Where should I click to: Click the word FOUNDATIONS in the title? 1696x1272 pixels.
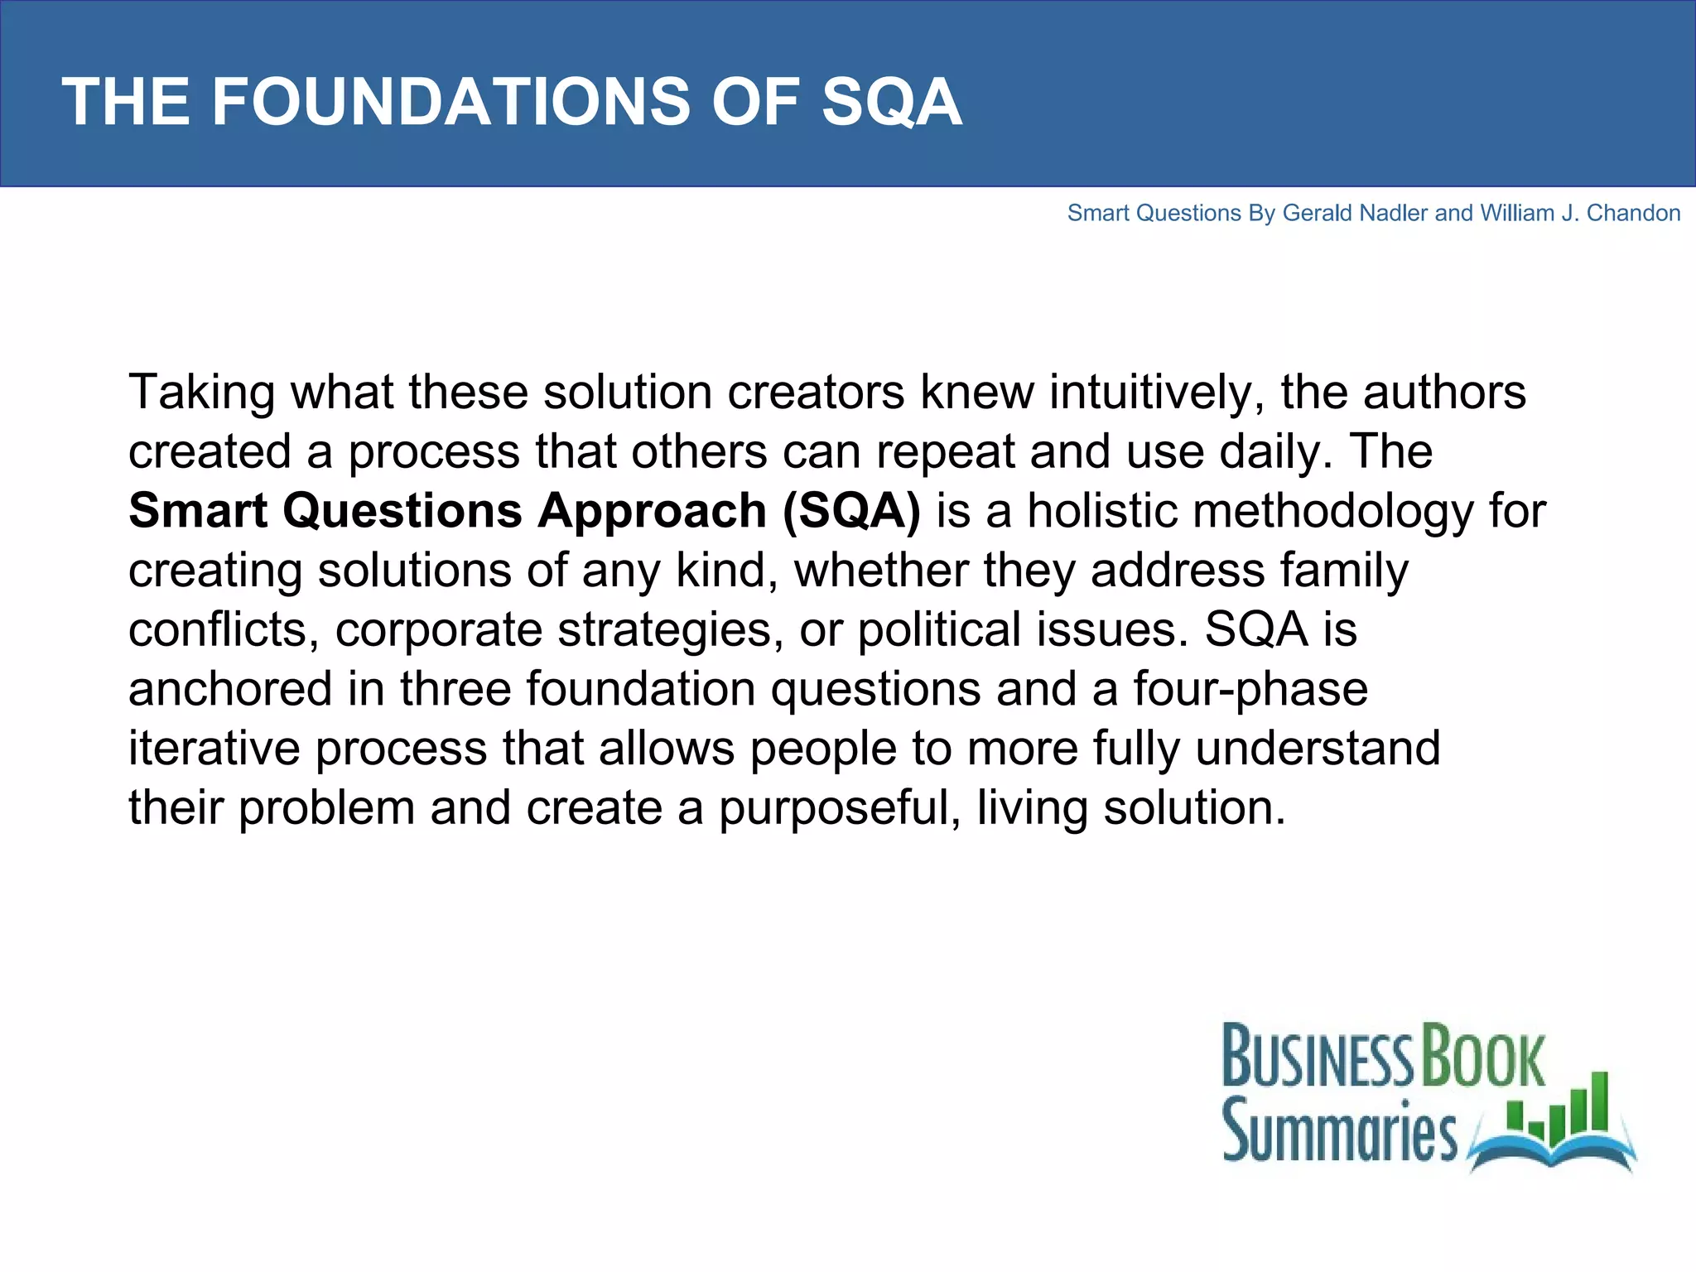[450, 102]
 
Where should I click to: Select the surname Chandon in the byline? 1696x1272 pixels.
[1633, 214]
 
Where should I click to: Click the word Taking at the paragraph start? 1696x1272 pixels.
[201, 393]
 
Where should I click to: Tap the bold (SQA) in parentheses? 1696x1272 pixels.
[851, 511]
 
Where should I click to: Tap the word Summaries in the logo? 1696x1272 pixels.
[1339, 1130]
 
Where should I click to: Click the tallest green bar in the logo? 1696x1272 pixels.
[1600, 1101]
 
